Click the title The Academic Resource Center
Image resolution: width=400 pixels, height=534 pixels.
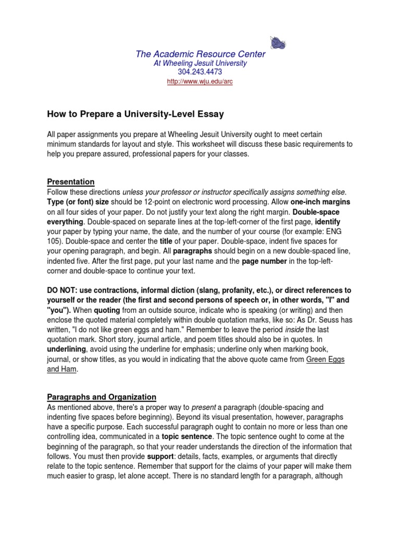[200, 54]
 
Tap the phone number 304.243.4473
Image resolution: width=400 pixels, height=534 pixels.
[200, 72]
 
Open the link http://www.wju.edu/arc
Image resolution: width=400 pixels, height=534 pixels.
[199, 82]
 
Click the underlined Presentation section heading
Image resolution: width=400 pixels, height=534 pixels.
[71, 181]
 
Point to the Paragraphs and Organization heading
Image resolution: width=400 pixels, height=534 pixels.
[102, 397]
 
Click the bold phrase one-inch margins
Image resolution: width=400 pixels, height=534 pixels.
[320, 201]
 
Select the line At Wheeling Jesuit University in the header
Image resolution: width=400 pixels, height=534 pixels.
[200, 63]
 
